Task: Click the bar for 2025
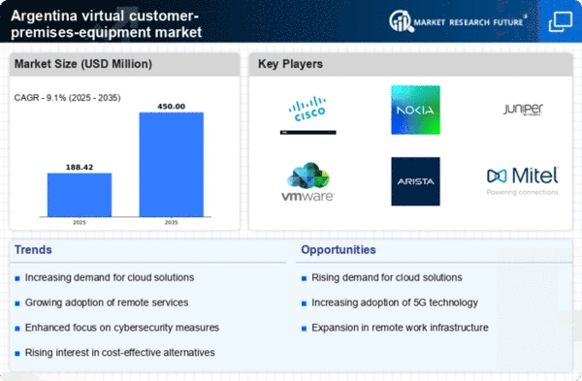coord(80,197)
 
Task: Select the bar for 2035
coord(171,166)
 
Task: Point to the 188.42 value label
coord(80,166)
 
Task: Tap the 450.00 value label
coord(171,105)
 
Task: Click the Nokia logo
coord(415,110)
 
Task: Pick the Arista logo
coord(415,181)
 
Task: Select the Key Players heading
coord(290,65)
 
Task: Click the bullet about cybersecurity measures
coord(121,327)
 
